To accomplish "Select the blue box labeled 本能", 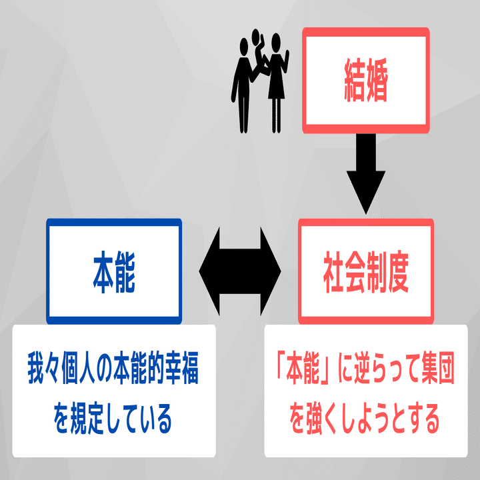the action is (x=113, y=271).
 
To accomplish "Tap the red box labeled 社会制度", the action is (x=365, y=271).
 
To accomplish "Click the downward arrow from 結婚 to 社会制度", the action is (x=365, y=172).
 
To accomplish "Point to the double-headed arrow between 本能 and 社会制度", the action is (x=240, y=271).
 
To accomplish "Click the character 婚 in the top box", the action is (x=377, y=80).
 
